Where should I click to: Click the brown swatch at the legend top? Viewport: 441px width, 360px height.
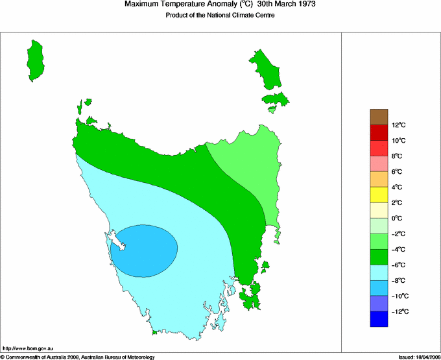[x=379, y=117]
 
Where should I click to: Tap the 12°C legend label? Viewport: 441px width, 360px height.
[x=398, y=125]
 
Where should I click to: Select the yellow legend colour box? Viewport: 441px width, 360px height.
[x=379, y=195]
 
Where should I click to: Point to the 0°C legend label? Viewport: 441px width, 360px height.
[x=398, y=219]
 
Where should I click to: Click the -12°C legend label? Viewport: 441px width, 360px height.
[x=398, y=312]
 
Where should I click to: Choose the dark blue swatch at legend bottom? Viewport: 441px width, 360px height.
[x=379, y=319]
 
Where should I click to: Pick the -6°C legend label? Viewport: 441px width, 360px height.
[x=398, y=265]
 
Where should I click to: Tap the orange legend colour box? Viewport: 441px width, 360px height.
[x=379, y=179]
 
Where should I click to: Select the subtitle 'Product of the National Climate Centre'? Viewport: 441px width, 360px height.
[x=220, y=16]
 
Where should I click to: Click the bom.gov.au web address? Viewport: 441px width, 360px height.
[x=29, y=349]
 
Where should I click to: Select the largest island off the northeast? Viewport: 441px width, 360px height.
[x=266, y=68]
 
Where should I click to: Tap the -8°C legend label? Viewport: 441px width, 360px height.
[x=398, y=281]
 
